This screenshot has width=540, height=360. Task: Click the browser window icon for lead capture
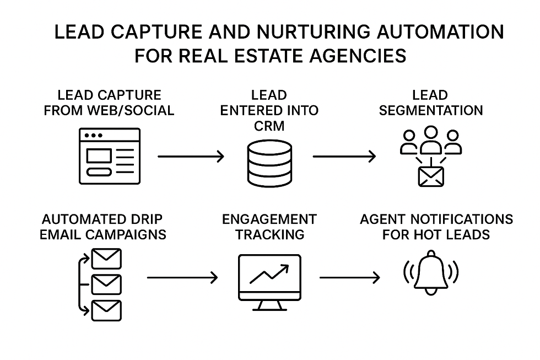click(x=110, y=156)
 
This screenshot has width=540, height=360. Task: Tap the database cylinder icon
click(x=269, y=158)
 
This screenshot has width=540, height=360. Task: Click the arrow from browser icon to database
click(x=191, y=157)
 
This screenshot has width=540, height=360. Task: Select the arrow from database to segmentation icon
click(x=344, y=157)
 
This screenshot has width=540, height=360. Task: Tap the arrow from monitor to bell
click(x=349, y=277)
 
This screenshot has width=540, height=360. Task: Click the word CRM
click(x=269, y=126)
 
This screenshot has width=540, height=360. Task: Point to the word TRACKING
click(x=269, y=234)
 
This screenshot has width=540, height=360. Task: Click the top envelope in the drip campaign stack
click(x=106, y=259)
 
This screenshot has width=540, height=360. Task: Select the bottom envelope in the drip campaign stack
click(x=106, y=310)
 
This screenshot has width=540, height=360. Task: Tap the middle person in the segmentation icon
click(x=430, y=141)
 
